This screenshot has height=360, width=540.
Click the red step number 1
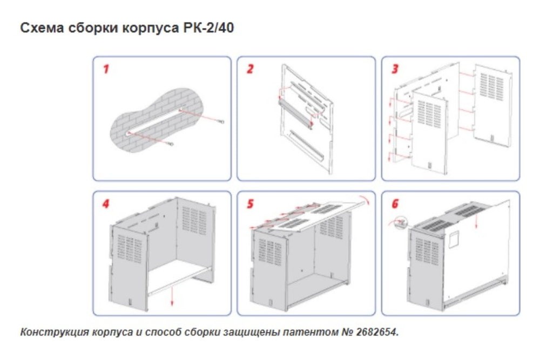pos(106,69)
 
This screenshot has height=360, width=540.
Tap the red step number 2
pos(250,70)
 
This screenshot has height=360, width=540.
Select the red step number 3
pos(395,69)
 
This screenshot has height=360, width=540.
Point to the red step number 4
pos(106,204)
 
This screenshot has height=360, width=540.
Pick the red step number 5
pos(250,204)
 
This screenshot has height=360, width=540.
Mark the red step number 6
pos(395,204)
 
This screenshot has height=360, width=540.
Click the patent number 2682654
pos(376,332)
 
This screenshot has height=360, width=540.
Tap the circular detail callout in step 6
pos(401,222)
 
